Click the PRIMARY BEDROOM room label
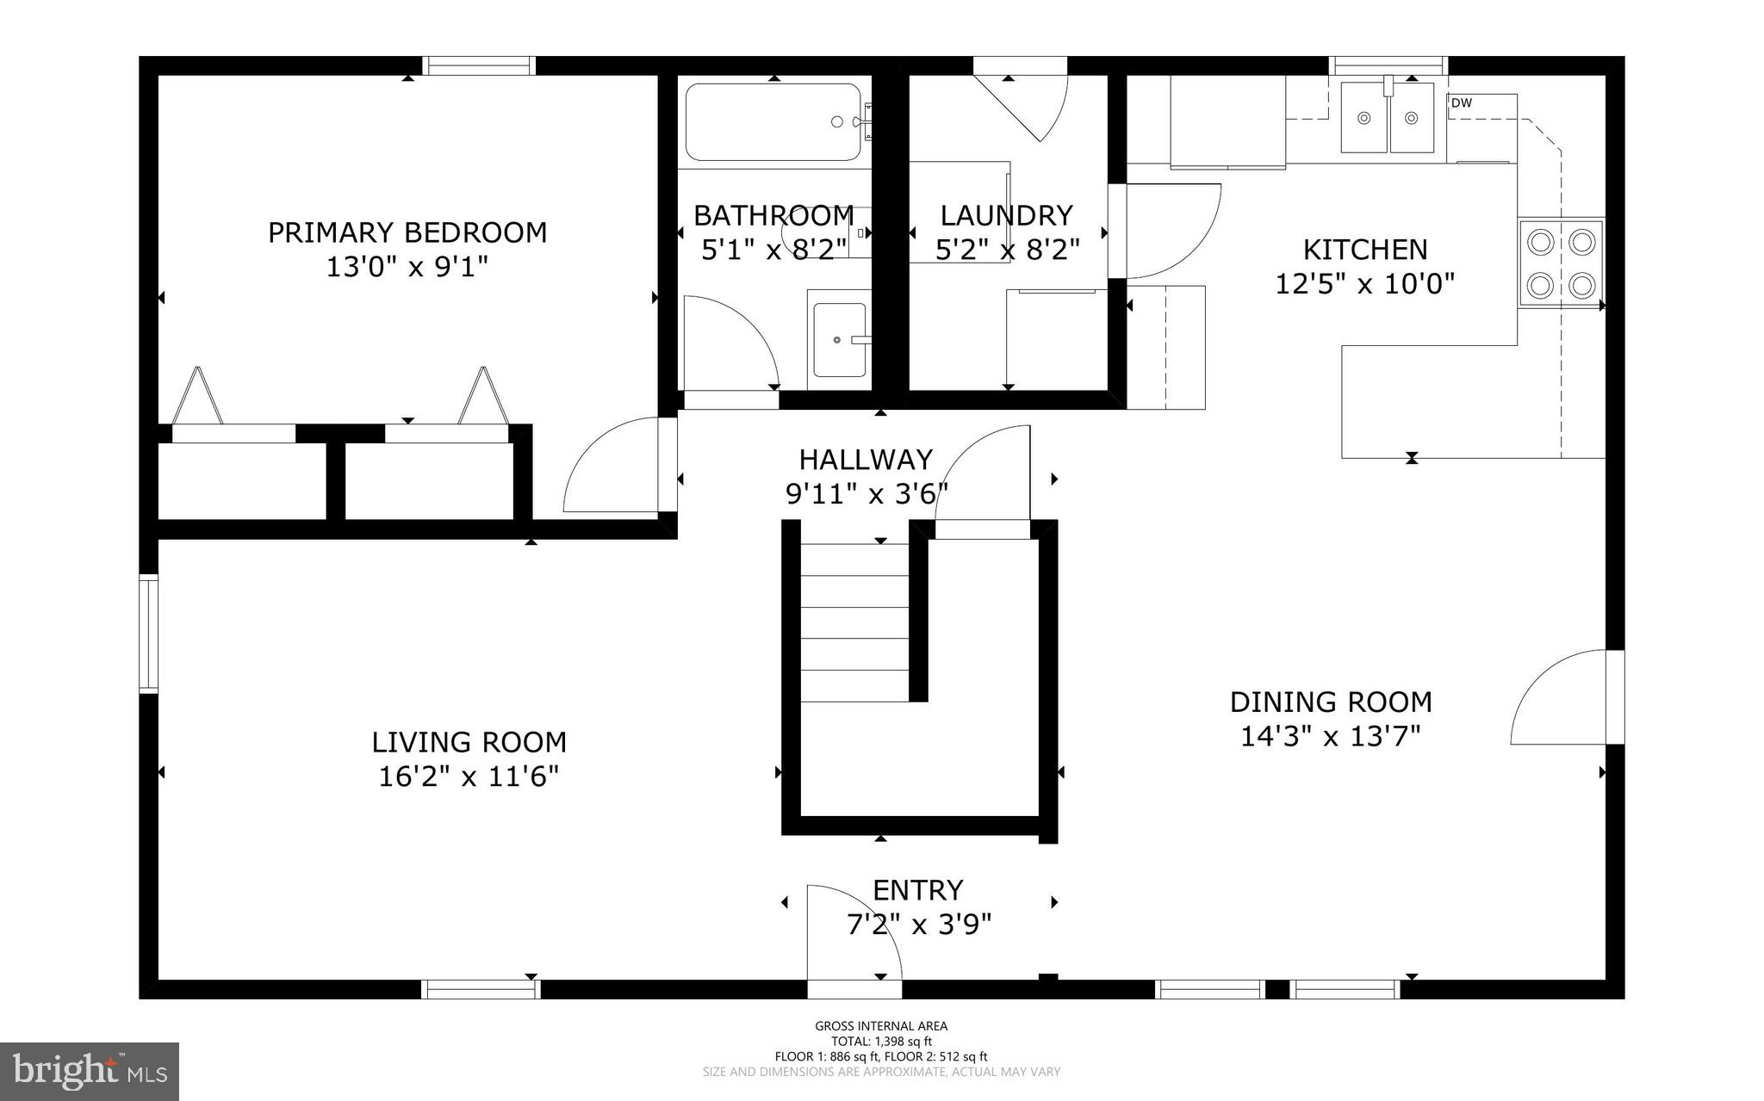(407, 232)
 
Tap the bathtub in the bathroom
(773, 122)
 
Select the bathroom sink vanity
(839, 340)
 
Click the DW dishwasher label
(1462, 103)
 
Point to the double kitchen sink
(1387, 118)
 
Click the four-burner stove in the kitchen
(1561, 263)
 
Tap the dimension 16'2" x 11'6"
(469, 776)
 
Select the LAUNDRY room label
(1006, 214)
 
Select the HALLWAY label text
(866, 460)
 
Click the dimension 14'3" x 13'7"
(1330, 737)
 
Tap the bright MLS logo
(90, 1071)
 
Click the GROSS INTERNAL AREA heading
(881, 1025)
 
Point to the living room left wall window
(149, 634)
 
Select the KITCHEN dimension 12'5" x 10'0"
(1364, 283)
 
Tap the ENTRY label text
(917, 889)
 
